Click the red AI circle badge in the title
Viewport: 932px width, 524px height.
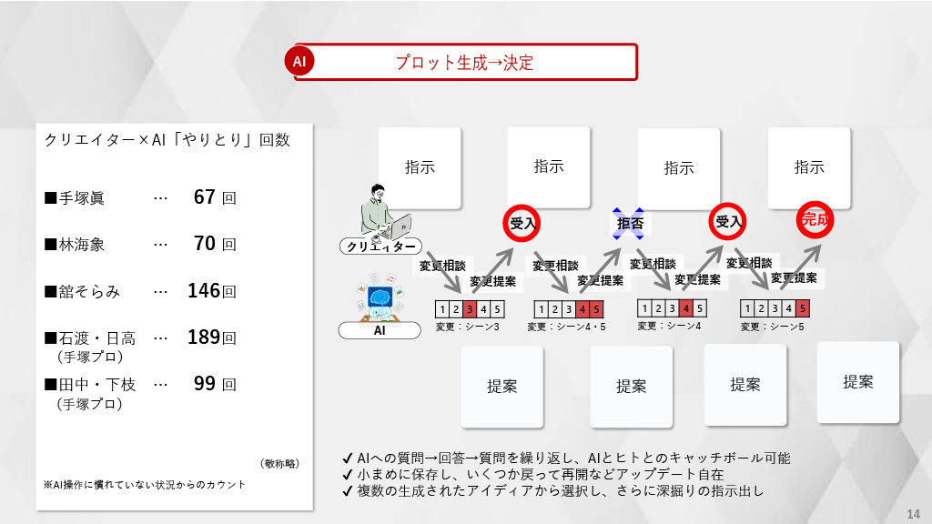coord(299,62)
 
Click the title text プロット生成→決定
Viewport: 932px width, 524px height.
coord(464,63)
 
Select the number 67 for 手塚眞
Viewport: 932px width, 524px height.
coord(204,196)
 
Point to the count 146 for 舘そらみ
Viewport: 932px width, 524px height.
coord(204,291)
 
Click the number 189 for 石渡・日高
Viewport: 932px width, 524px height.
coord(204,338)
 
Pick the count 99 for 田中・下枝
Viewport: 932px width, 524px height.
coord(204,384)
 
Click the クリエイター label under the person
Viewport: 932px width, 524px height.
coord(381,247)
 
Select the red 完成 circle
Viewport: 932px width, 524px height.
coord(815,219)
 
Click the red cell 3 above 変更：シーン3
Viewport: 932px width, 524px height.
coord(470,309)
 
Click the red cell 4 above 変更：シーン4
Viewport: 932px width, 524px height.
coord(685,307)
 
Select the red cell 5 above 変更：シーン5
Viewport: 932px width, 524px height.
coord(802,308)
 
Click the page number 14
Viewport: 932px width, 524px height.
coord(914,511)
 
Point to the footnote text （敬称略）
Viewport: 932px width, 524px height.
coord(279,463)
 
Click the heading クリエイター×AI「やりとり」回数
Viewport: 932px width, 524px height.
coord(167,140)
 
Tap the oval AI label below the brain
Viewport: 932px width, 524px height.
coord(380,330)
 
